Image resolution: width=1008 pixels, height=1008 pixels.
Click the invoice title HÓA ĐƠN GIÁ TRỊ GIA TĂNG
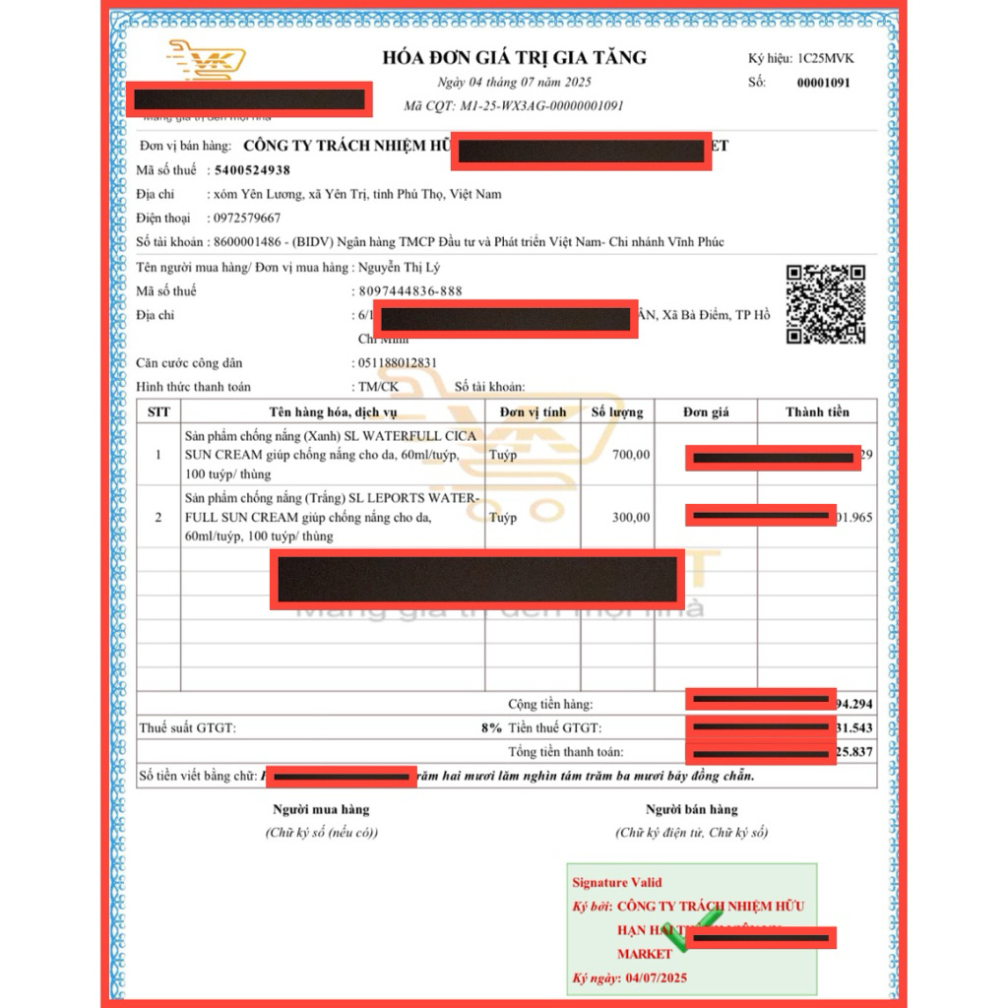514,57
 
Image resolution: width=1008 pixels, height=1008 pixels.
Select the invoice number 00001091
823,83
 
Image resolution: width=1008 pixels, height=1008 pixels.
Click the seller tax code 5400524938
252,170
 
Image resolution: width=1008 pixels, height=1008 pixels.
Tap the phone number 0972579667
247,218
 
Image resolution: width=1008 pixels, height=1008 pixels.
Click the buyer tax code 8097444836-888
407,291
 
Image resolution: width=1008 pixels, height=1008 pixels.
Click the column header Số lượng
617,411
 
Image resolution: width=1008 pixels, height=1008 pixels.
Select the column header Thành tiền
817,411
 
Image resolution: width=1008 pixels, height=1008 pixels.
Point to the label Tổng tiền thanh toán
565,752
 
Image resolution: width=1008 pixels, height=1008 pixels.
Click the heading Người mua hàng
321,809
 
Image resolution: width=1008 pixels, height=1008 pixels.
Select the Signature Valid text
617,882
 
